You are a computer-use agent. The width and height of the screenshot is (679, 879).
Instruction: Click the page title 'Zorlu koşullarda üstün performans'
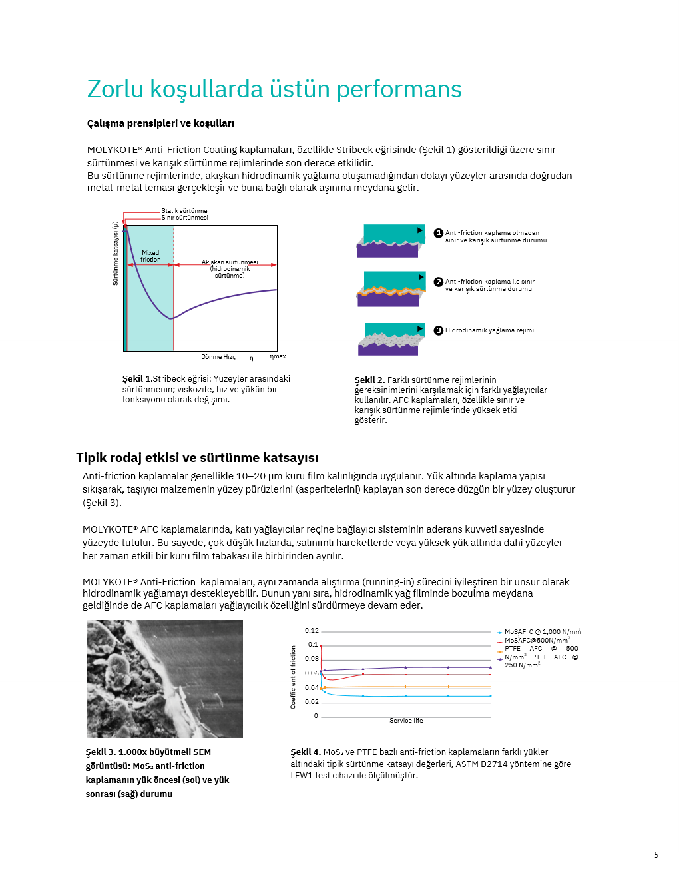[274, 89]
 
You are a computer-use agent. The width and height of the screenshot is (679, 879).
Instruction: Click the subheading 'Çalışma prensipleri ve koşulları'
[160, 123]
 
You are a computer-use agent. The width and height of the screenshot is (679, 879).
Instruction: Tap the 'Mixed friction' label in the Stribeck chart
[150, 256]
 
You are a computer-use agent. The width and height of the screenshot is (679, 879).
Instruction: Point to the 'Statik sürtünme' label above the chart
[184, 211]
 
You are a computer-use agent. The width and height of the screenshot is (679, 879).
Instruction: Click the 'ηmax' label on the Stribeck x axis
[278, 356]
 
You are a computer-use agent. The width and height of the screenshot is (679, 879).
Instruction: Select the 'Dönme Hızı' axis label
[218, 357]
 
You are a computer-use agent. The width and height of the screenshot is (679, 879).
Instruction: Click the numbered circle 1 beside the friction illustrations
[439, 233]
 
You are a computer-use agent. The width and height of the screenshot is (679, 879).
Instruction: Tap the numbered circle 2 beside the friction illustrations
[439, 282]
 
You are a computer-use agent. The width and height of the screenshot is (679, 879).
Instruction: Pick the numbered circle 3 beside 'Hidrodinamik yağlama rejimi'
[439, 330]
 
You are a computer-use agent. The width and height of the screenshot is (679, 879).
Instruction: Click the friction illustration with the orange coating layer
[391, 289]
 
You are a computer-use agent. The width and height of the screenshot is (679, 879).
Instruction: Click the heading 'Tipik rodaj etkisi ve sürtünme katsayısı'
[197, 457]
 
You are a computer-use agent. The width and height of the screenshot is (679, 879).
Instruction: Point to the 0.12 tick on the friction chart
[312, 631]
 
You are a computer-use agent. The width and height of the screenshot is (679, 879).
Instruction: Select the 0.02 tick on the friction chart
[312, 702]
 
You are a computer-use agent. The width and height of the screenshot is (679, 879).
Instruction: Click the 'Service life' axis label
[406, 721]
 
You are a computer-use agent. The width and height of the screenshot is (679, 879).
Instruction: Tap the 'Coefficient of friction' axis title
[293, 677]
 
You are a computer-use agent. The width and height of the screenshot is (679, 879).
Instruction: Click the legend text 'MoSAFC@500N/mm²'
[537, 640]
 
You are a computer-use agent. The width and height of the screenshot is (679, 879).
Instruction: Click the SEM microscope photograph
[164, 679]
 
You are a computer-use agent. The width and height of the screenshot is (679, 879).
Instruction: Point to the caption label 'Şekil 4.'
[306, 752]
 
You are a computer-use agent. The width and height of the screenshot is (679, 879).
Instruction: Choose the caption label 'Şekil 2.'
[369, 380]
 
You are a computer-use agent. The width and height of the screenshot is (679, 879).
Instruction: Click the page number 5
[656, 855]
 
